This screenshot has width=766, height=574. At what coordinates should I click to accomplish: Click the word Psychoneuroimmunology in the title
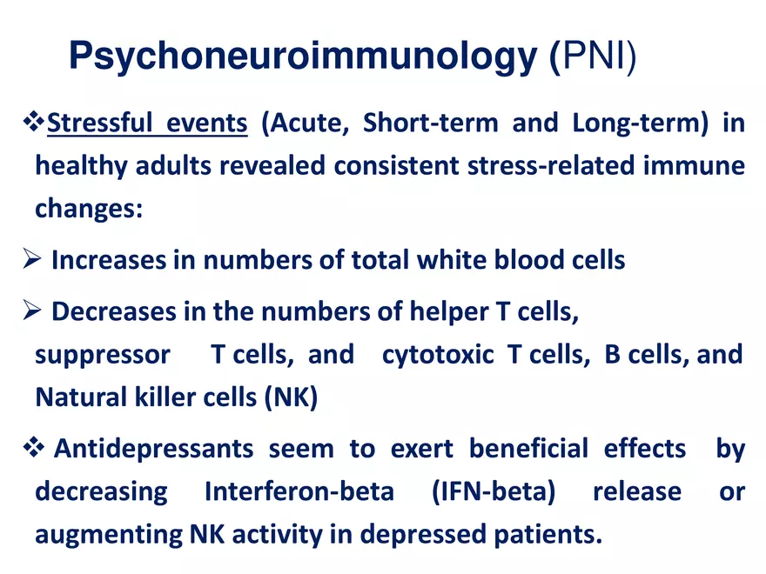304,57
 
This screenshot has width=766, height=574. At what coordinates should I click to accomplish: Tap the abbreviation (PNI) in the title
594,57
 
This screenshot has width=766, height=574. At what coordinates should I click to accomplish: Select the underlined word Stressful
99,123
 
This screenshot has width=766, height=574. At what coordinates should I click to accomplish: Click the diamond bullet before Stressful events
34,122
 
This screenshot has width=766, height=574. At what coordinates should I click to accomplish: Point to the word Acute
306,123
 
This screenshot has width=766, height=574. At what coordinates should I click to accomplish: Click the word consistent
396,165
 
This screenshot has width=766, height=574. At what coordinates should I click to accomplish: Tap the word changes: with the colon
89,209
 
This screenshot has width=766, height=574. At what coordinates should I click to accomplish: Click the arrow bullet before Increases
31,258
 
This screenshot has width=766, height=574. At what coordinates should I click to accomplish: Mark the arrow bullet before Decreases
31,310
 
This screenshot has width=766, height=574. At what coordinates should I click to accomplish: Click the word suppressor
103,356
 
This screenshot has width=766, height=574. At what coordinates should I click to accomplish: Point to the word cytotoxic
438,354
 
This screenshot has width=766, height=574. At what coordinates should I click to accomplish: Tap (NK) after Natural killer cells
291,397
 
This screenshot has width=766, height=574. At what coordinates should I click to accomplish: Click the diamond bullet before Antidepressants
34,448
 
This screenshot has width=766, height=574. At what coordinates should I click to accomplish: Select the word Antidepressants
153,449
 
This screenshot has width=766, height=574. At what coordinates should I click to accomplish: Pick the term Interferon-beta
299,491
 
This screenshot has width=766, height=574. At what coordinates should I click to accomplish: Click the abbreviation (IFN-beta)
494,491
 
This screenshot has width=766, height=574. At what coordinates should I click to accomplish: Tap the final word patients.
548,535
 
